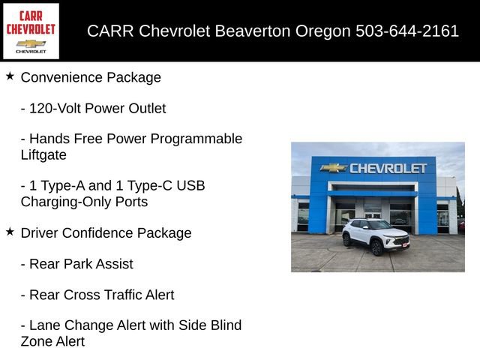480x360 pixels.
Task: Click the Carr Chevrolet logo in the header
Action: [x=31, y=31]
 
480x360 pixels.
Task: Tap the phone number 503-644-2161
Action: [x=418, y=31]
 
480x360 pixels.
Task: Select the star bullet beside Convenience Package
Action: [x=10, y=76]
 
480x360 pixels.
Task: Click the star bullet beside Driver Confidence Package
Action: [x=10, y=232]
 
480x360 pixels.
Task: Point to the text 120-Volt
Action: [x=55, y=108]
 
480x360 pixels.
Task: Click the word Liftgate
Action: [x=43, y=155]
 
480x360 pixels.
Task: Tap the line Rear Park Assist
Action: [x=76, y=264]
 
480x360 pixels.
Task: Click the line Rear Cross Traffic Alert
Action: [x=97, y=295]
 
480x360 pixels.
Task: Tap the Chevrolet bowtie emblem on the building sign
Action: [x=333, y=168]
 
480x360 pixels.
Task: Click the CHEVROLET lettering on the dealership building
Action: [x=388, y=168]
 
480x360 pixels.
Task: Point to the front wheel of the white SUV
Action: [x=376, y=247]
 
